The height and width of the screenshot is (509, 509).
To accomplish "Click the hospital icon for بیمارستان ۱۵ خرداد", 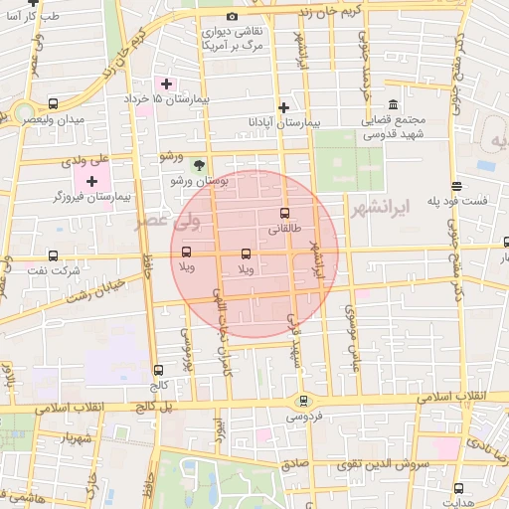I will (166, 84).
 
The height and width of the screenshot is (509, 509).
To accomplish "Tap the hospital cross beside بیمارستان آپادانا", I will (283, 106).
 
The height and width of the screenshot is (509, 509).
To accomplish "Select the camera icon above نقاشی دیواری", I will (233, 16).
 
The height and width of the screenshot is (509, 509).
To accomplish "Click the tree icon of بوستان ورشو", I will (199, 165).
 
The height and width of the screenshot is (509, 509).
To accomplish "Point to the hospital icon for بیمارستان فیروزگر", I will (92, 181).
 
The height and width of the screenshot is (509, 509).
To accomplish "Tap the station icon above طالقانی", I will (285, 213).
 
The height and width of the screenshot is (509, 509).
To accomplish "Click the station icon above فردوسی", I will (304, 401).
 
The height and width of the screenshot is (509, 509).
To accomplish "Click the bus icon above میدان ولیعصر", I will (52, 102).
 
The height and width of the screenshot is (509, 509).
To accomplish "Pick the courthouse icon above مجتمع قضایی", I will (394, 104).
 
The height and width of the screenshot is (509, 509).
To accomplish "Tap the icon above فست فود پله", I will (456, 186).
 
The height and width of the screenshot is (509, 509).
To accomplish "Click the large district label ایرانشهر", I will (381, 209).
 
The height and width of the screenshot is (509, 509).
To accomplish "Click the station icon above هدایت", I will (458, 488).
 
